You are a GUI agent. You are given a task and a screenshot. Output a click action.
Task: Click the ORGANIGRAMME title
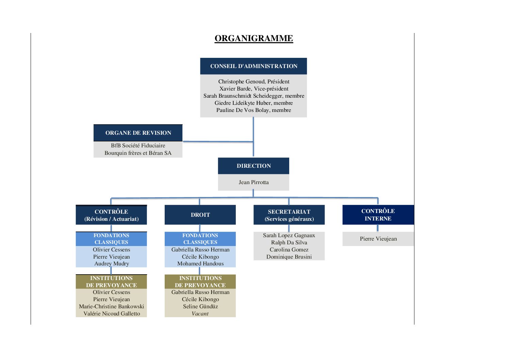coord(254,38)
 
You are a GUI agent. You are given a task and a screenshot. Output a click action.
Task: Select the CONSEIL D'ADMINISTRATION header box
coord(253,66)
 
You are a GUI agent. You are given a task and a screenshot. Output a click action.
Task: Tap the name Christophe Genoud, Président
coord(254,81)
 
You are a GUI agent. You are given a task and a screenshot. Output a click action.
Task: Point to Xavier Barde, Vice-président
coord(254,88)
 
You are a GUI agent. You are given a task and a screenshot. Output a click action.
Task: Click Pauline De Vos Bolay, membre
coord(253,110)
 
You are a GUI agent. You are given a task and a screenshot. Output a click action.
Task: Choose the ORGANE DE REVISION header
coord(138,133)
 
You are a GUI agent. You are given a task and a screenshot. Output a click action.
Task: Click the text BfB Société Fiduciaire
coord(138,145)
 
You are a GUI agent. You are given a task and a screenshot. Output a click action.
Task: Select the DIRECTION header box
coord(253,166)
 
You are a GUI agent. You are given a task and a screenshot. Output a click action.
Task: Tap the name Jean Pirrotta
coord(253,182)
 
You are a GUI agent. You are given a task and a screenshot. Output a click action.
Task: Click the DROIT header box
coord(200,215)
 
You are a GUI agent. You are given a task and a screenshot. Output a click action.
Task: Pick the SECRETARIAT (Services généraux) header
coord(289,215)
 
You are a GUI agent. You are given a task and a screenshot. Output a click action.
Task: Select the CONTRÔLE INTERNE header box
coord(378,215)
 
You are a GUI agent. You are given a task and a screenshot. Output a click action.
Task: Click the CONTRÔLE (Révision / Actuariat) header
coord(111,215)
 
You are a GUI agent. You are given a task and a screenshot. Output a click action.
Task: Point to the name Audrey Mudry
coord(112,264)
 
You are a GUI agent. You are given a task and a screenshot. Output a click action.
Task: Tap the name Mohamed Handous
coord(200,264)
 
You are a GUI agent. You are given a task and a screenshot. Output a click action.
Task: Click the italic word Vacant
coord(200,314)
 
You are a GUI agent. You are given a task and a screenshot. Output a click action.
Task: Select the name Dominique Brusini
coord(289,257)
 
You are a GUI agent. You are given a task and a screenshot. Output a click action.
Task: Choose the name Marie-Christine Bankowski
coord(111,306)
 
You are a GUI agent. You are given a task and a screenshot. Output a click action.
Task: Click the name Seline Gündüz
coord(200,306)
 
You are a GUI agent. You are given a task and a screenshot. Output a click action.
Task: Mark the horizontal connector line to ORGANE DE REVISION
coord(218,142)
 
